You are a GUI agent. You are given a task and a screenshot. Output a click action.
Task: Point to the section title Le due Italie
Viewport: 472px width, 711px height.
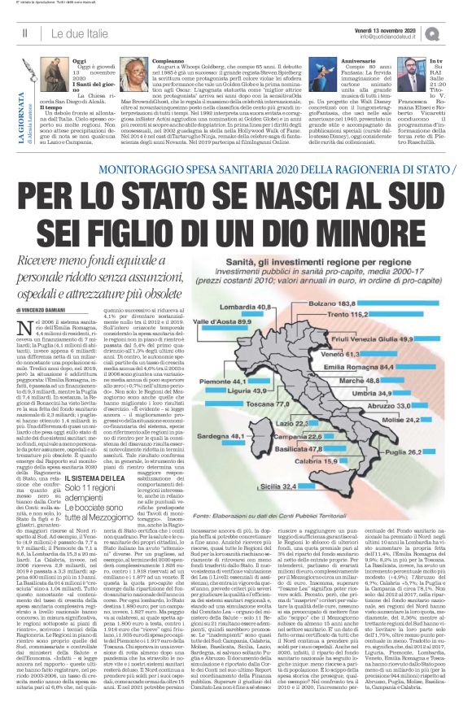pyautogui.click(x=74, y=32)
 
